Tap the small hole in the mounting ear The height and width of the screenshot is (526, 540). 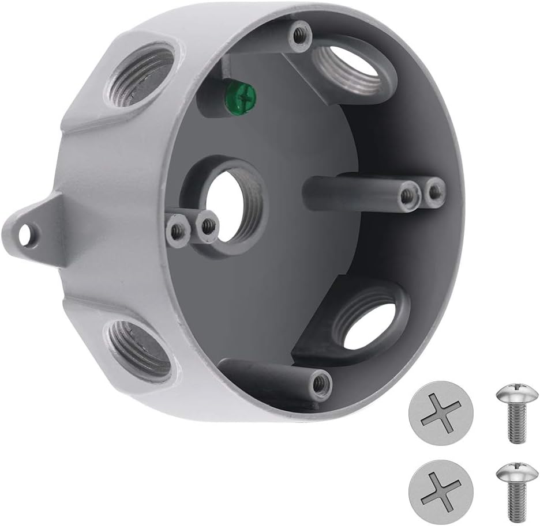point(25,234)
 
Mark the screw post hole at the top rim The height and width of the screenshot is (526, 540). point(298,35)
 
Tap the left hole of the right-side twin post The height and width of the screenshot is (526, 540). point(410,195)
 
